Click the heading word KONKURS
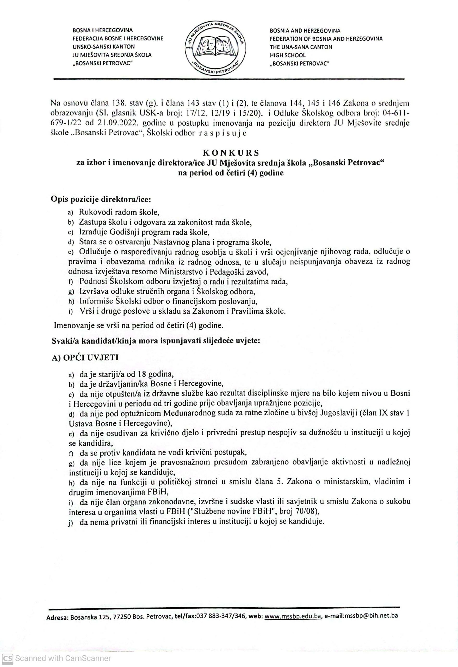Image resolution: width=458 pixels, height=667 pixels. (x=229, y=152)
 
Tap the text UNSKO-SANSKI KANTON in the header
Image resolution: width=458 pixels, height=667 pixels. (x=104, y=46)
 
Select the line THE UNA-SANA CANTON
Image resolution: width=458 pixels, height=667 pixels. (x=301, y=47)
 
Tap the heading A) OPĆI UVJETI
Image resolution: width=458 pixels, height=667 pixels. (x=85, y=358)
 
